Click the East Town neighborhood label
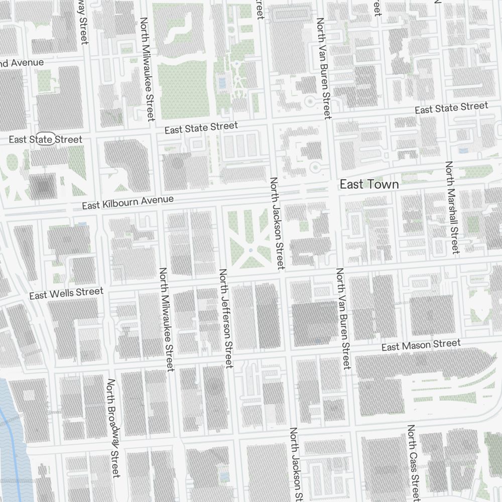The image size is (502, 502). click(x=369, y=184)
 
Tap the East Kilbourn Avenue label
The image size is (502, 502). click(x=128, y=202)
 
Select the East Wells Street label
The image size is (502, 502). click(x=66, y=293)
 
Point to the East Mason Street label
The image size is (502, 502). click(x=421, y=345)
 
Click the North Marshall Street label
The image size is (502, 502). click(x=452, y=207)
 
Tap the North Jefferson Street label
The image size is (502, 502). click(x=226, y=318)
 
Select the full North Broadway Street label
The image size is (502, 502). click(x=113, y=428)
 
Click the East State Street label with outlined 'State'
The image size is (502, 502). click(x=45, y=139)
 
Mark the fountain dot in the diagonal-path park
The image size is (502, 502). click(x=250, y=249)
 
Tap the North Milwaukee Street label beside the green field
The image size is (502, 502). click(x=147, y=69)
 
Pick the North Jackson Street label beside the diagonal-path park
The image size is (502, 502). click(x=277, y=221)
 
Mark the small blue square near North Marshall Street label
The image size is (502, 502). click(x=463, y=150)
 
